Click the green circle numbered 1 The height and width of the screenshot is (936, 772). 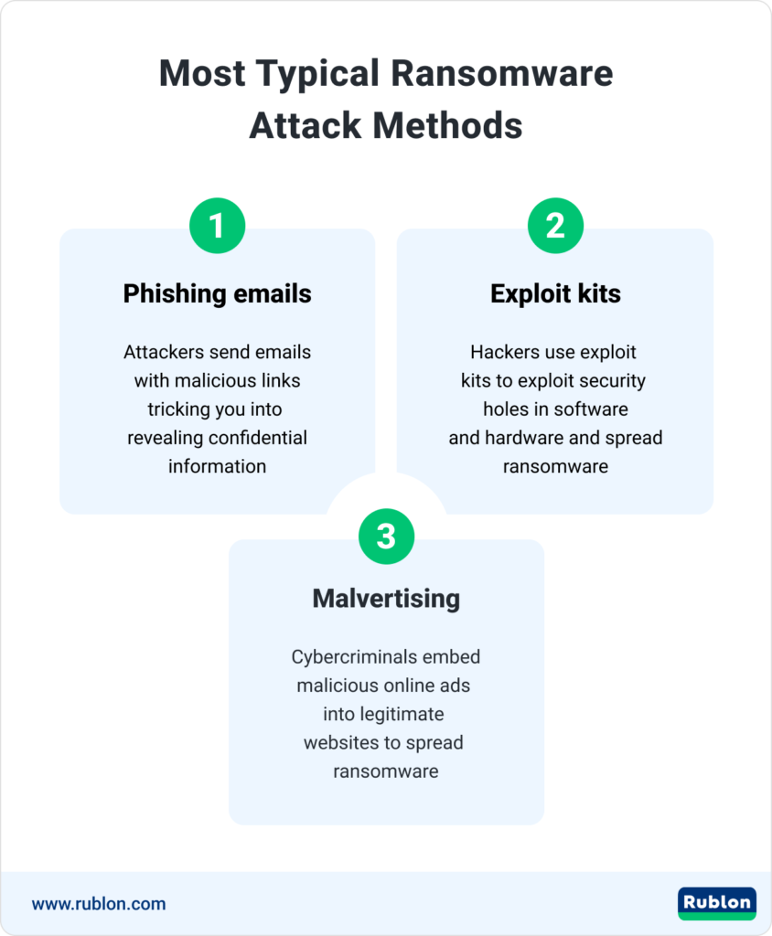(x=217, y=226)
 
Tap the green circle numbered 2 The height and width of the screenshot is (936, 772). (x=555, y=226)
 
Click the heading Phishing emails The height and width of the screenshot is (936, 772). (x=217, y=293)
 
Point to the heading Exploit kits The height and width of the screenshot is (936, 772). (x=555, y=293)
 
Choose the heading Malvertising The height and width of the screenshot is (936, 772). (x=386, y=599)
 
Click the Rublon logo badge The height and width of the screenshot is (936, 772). (x=716, y=903)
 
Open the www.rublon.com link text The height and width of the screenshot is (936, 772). (x=99, y=904)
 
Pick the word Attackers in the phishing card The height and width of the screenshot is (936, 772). (x=165, y=352)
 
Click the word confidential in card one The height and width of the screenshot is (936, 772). (x=257, y=437)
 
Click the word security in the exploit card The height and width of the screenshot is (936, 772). (x=610, y=380)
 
